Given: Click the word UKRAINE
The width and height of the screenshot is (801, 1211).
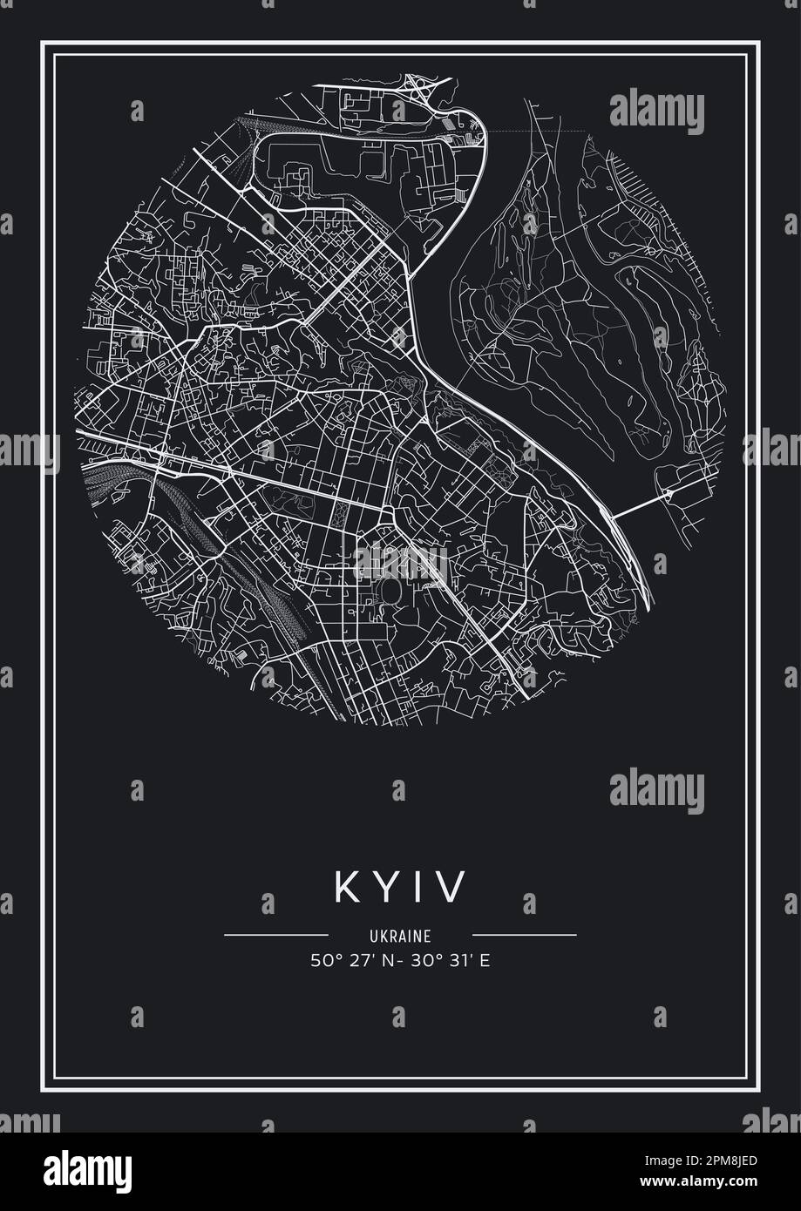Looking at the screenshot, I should click(x=400, y=937).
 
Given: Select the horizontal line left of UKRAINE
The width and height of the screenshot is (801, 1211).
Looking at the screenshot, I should click(x=275, y=936).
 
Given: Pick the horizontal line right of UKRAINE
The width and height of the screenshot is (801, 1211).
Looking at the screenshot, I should click(x=524, y=936).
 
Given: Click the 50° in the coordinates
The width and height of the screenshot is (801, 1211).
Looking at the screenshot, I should click(x=322, y=961).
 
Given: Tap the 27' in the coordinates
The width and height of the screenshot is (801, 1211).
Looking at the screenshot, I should click(x=359, y=961).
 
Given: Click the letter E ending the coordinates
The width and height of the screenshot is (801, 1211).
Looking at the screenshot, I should click(x=484, y=961).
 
